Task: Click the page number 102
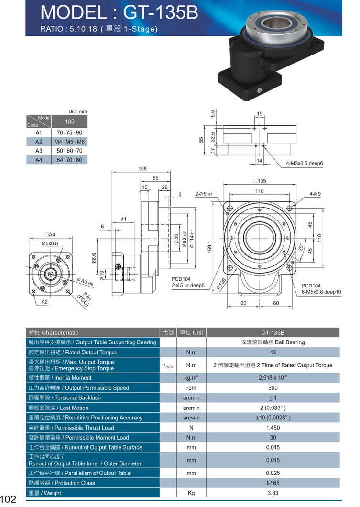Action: coord(9,499)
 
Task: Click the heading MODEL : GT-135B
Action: coord(119,13)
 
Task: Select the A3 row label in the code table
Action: coord(39,151)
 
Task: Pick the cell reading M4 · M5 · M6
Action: coord(69,142)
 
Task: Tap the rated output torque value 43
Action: coord(273,353)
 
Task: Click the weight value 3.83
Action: coord(273,493)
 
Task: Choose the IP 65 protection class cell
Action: coord(273,483)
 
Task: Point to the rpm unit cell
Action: coord(191,388)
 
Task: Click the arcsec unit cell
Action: coord(191,418)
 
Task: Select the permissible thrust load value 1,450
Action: coord(273,428)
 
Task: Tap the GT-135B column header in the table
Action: coord(273,332)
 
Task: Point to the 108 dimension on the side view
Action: coord(142,169)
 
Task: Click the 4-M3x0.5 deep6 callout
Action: coord(305,163)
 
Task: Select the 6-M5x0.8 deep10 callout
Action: coord(321,292)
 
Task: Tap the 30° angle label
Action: coord(301,248)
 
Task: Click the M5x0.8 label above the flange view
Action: coord(49,243)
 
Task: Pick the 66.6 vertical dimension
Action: coord(94,258)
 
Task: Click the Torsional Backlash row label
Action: coord(65,398)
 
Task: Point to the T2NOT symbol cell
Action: coord(168,366)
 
